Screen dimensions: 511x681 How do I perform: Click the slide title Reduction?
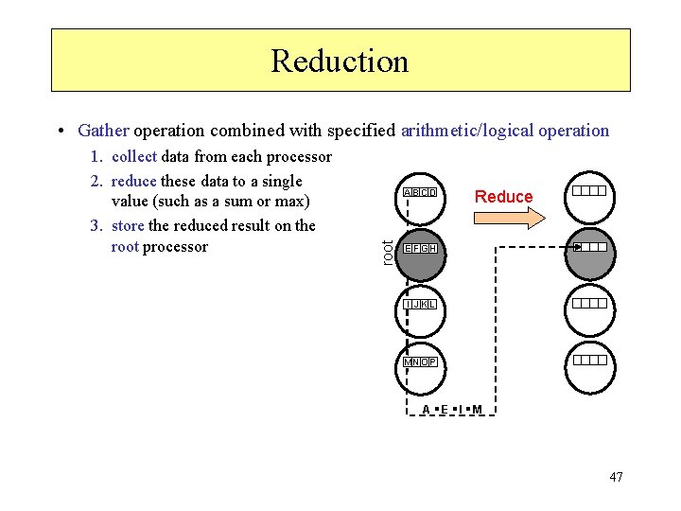click(x=340, y=61)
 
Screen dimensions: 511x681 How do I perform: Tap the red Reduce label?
click(x=503, y=196)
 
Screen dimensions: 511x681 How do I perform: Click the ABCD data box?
click(x=420, y=193)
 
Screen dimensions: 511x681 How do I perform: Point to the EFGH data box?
click(x=420, y=248)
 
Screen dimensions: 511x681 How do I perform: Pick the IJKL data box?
click(x=420, y=304)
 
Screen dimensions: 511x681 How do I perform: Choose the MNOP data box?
click(x=420, y=361)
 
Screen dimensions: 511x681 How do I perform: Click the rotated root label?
click(x=386, y=252)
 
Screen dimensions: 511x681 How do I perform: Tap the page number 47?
click(x=616, y=477)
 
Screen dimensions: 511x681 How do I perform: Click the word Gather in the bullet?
click(x=104, y=131)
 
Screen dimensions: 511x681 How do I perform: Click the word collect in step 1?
click(x=134, y=156)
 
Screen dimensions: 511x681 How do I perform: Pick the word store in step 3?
click(x=129, y=225)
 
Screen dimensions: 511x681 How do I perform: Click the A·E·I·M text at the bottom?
click(x=452, y=410)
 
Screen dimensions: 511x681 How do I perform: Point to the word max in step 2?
click(x=290, y=202)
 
